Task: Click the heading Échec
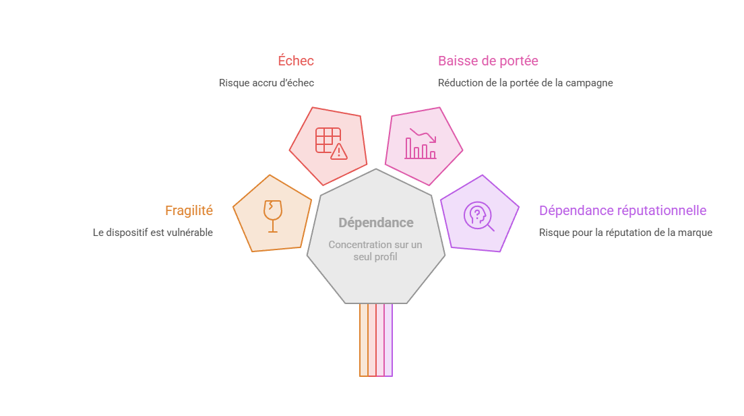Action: point(296,60)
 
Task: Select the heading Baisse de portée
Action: point(488,61)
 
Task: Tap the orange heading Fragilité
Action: point(189,210)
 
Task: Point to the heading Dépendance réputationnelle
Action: point(623,210)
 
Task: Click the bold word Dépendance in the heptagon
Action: point(376,222)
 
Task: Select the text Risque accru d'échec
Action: point(266,83)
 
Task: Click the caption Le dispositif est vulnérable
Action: point(153,232)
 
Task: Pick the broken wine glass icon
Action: point(273,216)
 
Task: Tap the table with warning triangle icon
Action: point(331,144)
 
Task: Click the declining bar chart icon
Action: point(421,143)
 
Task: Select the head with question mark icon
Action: point(478,216)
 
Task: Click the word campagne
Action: point(589,83)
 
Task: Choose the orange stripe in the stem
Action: point(363,340)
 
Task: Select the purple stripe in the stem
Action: point(388,340)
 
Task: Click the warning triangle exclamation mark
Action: point(339,152)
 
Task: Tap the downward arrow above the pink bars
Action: point(423,135)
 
